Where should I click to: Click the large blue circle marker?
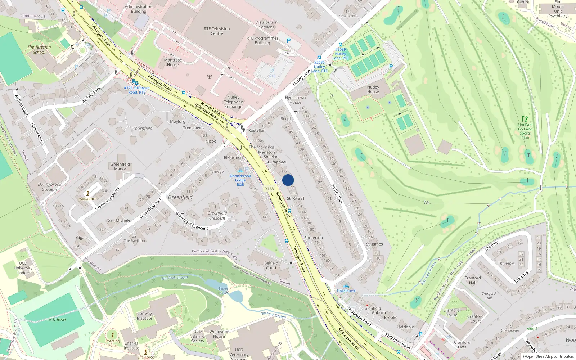(x=288, y=180)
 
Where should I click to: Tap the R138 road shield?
(x=269, y=189)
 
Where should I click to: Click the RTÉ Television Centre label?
(x=217, y=31)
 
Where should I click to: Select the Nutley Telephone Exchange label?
(x=233, y=102)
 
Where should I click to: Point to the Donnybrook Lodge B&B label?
(x=240, y=180)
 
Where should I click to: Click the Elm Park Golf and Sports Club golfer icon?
(x=525, y=118)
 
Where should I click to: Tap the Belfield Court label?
(x=271, y=265)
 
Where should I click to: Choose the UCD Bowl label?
(x=57, y=319)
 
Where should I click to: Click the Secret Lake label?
(x=223, y=291)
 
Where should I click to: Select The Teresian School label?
(x=39, y=50)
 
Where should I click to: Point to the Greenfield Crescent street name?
(x=192, y=221)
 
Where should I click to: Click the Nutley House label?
(x=373, y=89)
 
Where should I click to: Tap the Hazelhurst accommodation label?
(x=346, y=291)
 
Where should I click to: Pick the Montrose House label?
(x=173, y=62)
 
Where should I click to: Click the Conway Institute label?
(x=144, y=316)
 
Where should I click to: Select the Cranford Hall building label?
(x=472, y=280)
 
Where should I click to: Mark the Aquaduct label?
(x=88, y=199)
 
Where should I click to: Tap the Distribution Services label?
(x=266, y=24)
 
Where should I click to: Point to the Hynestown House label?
(x=295, y=100)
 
